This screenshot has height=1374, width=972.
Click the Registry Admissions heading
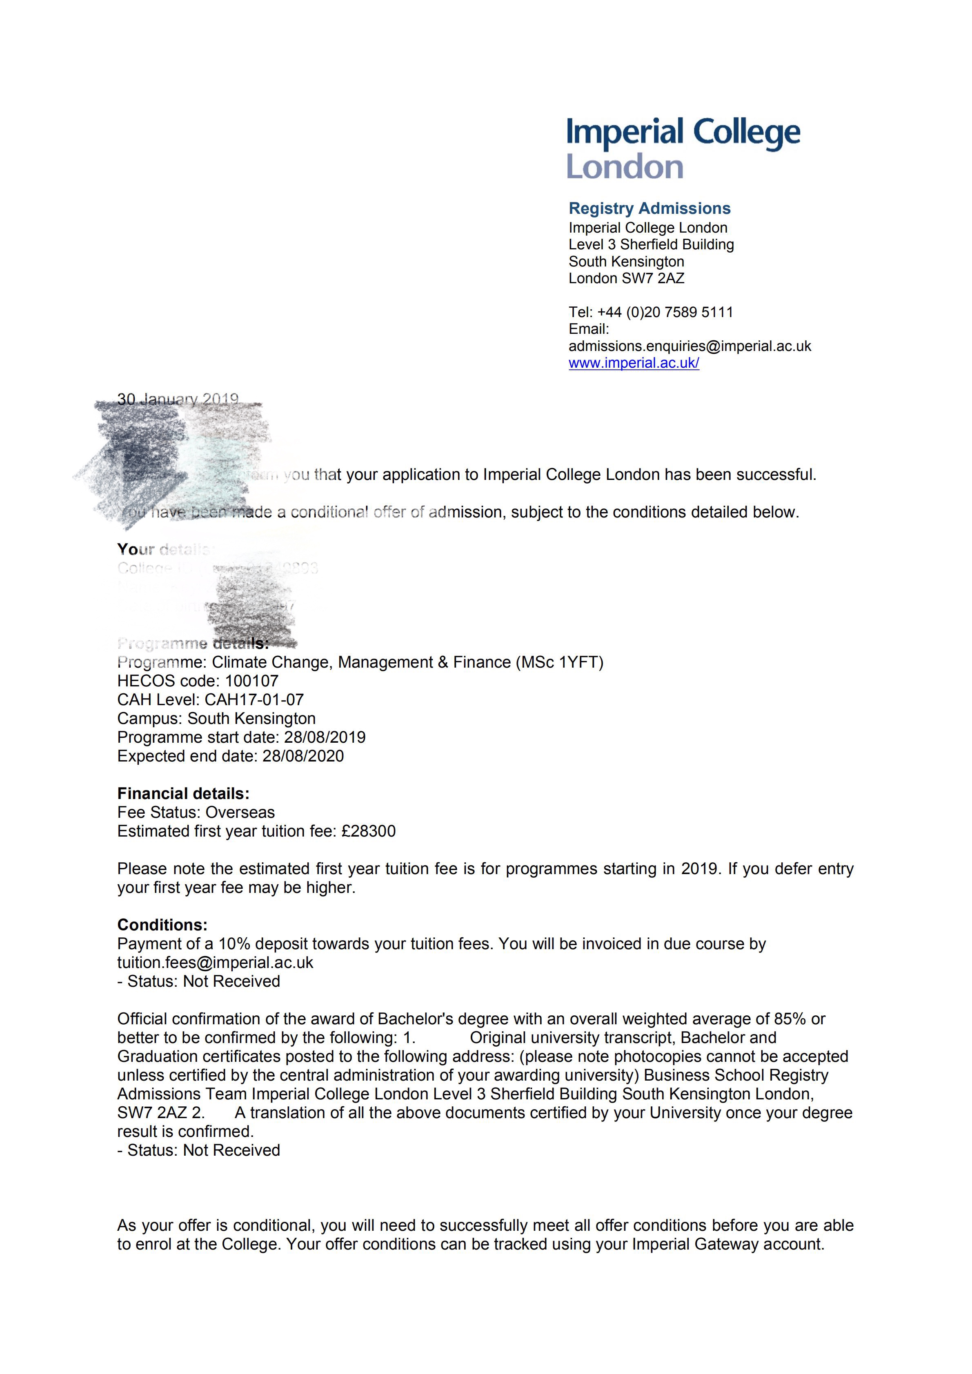point(649,208)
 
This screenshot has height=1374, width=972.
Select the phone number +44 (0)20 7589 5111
point(665,312)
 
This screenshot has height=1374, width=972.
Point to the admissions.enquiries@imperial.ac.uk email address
point(690,346)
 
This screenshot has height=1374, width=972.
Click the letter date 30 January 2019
point(178,399)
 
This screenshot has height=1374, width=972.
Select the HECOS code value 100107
point(251,681)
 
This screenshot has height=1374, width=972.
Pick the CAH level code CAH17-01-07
point(254,699)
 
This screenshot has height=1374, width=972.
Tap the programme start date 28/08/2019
point(325,737)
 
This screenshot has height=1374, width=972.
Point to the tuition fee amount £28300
point(368,831)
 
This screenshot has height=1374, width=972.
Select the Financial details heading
point(183,794)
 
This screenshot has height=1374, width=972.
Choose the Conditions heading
point(162,925)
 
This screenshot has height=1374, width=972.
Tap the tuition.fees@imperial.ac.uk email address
point(215,962)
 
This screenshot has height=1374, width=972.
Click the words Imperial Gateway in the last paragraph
point(697,1244)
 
